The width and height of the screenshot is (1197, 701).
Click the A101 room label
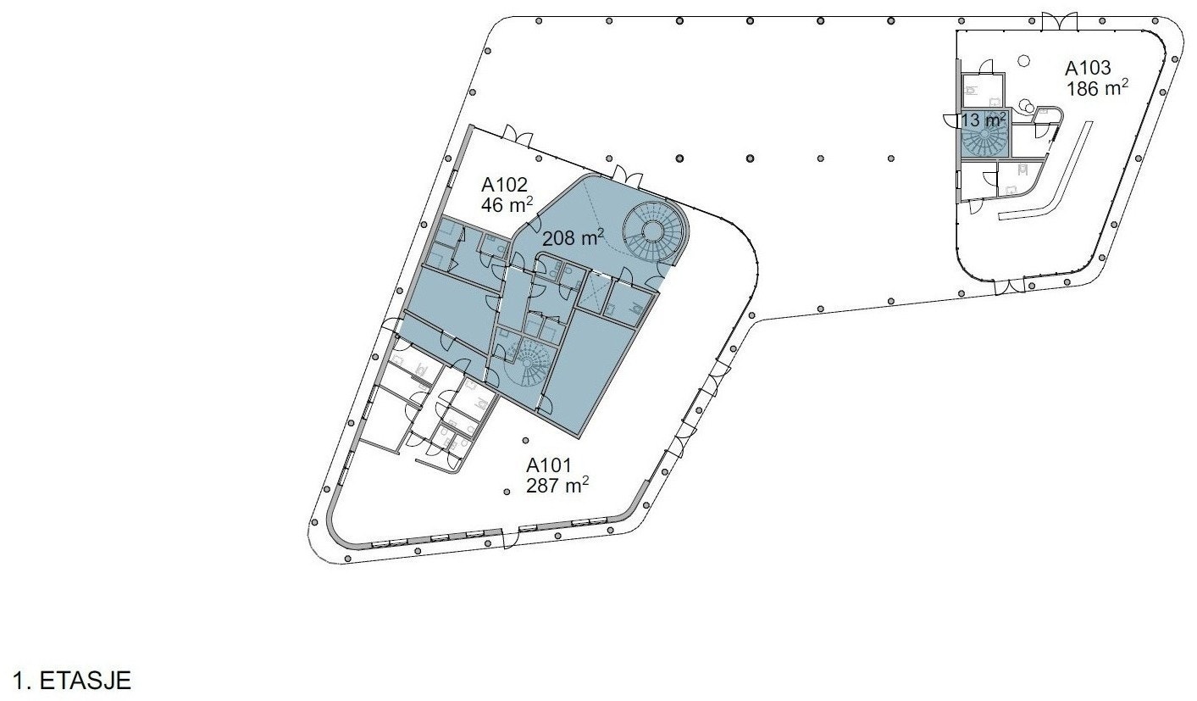click(x=549, y=465)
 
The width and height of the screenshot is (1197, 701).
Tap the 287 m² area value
click(x=557, y=486)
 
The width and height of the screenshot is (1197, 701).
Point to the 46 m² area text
click(x=507, y=205)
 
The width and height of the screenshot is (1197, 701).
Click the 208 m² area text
click(x=573, y=238)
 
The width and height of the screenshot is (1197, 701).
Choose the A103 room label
click(x=1088, y=69)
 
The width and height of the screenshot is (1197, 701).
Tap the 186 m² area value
click(x=1097, y=88)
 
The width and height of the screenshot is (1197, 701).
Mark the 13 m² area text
click(x=984, y=120)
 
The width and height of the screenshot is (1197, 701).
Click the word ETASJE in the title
click(x=86, y=681)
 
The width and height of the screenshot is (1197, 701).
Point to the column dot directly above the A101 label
click(x=526, y=441)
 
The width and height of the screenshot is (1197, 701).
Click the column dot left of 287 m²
click(x=506, y=491)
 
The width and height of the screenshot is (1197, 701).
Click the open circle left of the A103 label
click(x=1023, y=61)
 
